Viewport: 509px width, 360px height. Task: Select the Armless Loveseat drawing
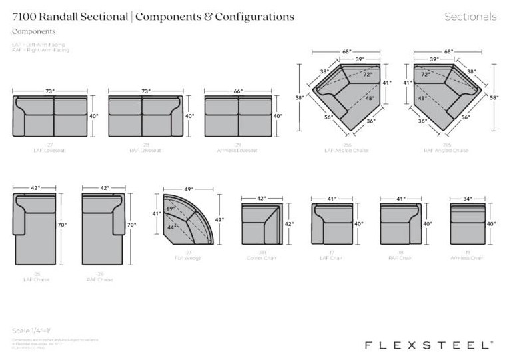pos(238,116)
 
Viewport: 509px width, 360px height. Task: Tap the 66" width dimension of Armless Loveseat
pos(238,91)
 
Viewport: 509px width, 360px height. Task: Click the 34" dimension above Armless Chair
pos(468,199)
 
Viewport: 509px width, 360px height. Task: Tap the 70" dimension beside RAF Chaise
pos(131,225)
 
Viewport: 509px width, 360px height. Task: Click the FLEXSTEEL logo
pos(429,345)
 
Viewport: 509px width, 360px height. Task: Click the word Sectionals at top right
pos(470,17)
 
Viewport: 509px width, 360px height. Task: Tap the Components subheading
pos(34,31)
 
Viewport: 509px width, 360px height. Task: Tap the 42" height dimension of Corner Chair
pos(290,225)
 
